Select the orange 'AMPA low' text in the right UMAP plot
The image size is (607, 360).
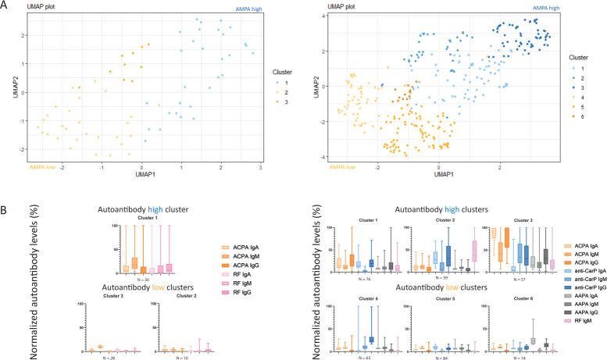pyautogui.click(x=317, y=166)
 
